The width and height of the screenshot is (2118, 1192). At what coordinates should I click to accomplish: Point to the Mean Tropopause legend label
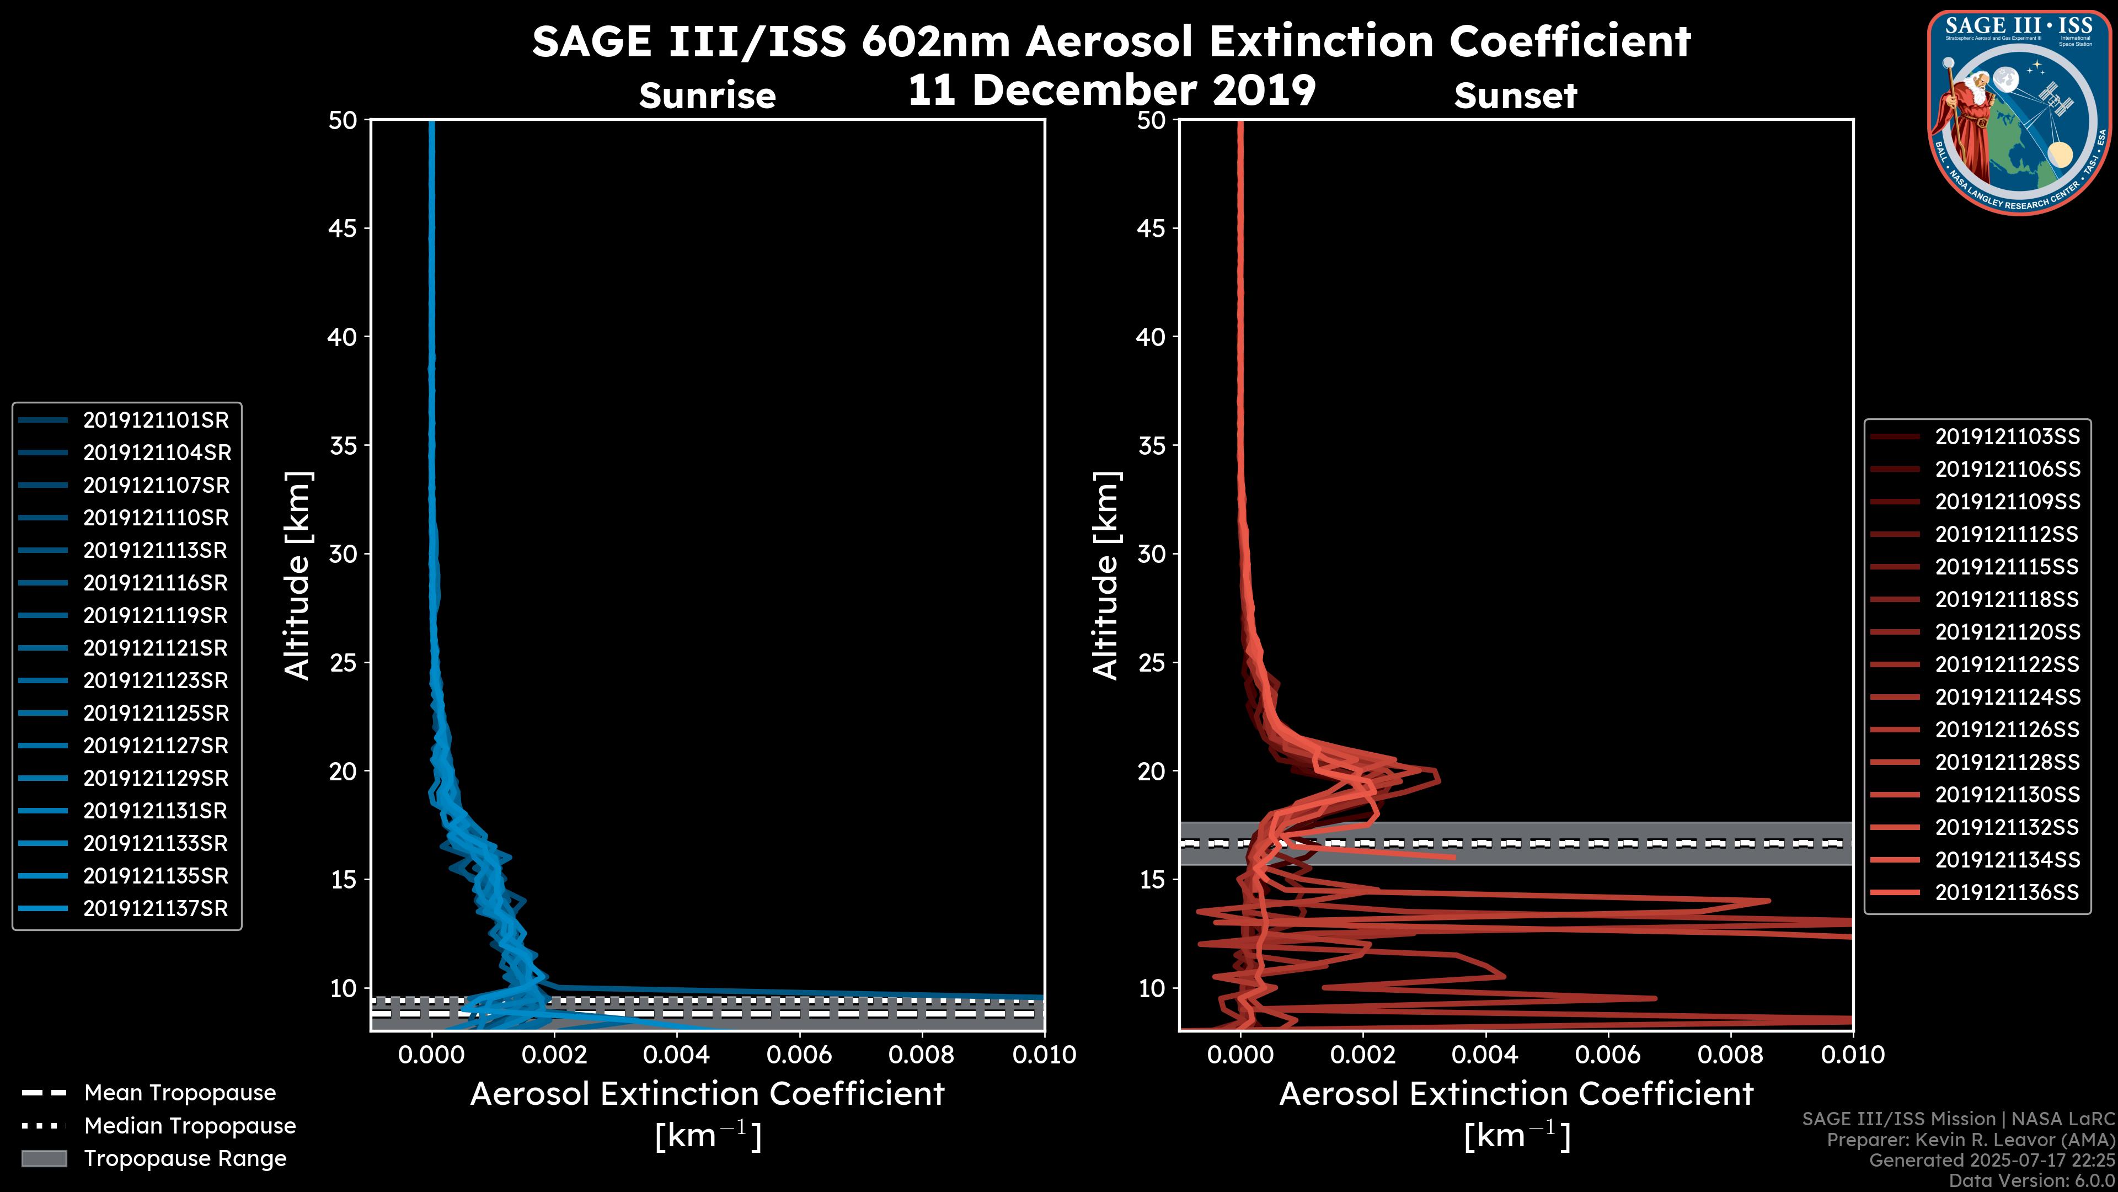[179, 1093]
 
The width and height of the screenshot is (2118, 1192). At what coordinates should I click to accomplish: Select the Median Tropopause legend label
[189, 1126]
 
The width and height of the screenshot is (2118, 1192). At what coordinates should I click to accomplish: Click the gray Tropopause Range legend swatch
[44, 1159]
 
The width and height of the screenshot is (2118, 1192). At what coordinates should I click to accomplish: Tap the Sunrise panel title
[707, 96]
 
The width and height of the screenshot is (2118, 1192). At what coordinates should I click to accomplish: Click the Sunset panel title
[1515, 96]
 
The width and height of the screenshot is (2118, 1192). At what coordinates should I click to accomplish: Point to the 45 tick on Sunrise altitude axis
[343, 228]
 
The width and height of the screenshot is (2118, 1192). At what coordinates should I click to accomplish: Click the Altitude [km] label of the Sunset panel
[1106, 576]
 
